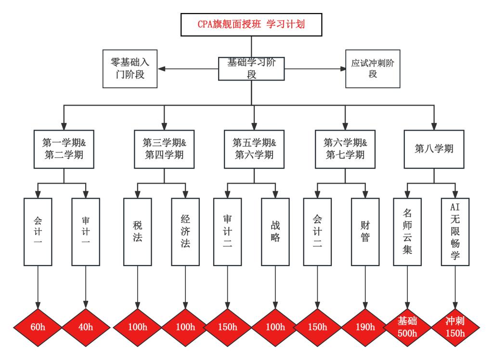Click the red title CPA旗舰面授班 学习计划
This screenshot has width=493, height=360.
click(x=251, y=24)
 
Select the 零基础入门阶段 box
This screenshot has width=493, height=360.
click(x=130, y=68)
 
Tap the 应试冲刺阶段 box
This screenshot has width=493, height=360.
click(x=373, y=68)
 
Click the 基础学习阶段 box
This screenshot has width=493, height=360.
click(x=251, y=68)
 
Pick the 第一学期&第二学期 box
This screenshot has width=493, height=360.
click(x=64, y=149)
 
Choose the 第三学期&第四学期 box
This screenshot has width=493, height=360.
click(x=164, y=149)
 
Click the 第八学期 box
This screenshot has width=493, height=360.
click(x=434, y=149)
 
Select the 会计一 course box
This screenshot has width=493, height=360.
click(x=38, y=232)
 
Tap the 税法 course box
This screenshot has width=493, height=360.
click(x=137, y=232)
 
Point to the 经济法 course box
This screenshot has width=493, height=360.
click(x=185, y=232)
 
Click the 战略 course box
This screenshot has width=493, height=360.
click(x=275, y=232)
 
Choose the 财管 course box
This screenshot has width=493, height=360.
click(x=365, y=232)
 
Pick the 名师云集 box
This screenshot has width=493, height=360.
click(x=407, y=232)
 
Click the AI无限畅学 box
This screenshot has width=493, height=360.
click(x=455, y=232)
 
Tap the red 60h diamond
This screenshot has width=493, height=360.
click(x=38, y=327)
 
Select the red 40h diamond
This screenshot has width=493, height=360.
click(x=86, y=327)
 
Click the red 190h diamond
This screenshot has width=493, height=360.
click(x=365, y=327)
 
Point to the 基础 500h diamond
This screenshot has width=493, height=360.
click(x=407, y=327)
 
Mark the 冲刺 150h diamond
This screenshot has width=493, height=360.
click(x=455, y=327)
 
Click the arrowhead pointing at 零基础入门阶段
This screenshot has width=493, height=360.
click(x=162, y=68)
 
